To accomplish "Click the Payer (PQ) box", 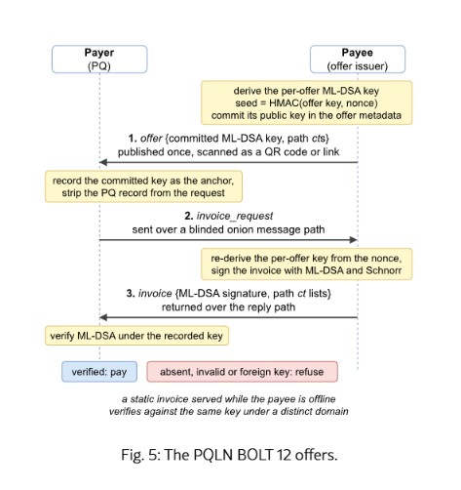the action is click(x=99, y=60).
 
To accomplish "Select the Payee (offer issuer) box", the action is click(x=358, y=60).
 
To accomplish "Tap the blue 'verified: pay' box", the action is click(x=99, y=372).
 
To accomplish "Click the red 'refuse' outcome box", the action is click(x=243, y=372).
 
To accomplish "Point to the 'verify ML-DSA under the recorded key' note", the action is click(x=136, y=336).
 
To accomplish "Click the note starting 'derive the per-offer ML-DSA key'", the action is click(x=307, y=102).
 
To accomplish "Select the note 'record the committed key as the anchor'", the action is click(x=143, y=186).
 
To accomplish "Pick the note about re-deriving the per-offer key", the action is click(x=307, y=265).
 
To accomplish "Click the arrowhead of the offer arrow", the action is click(x=103, y=162).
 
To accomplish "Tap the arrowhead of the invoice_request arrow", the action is click(x=354, y=240).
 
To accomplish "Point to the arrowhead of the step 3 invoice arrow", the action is click(x=103, y=317).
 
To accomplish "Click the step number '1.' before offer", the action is click(x=133, y=139).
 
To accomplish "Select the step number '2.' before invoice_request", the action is click(x=189, y=216).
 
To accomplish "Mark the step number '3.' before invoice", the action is click(x=131, y=294).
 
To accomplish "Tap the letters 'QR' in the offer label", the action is click(x=271, y=152).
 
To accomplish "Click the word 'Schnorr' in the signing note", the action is click(x=384, y=270).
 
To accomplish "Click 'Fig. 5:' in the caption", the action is click(x=140, y=455).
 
